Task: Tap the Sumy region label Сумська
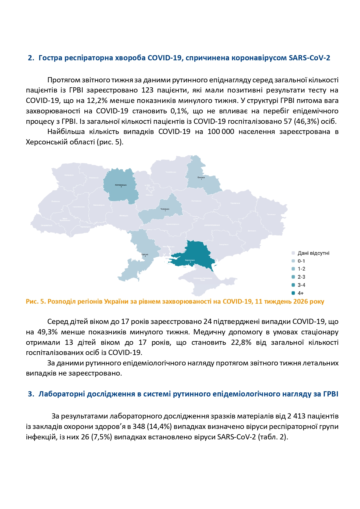click(x=201, y=177)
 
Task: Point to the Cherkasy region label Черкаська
click(x=165, y=209)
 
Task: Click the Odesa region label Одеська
click(x=145, y=254)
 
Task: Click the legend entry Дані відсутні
click(x=313, y=253)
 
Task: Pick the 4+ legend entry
click(x=300, y=293)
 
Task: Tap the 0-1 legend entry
click(x=301, y=261)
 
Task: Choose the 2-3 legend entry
click(x=301, y=277)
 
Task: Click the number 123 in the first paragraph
click(x=147, y=90)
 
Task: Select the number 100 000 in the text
click(x=221, y=132)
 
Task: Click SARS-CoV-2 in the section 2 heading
click(x=309, y=58)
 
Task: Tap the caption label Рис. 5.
click(x=36, y=302)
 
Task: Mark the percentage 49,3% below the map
click(x=47, y=332)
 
